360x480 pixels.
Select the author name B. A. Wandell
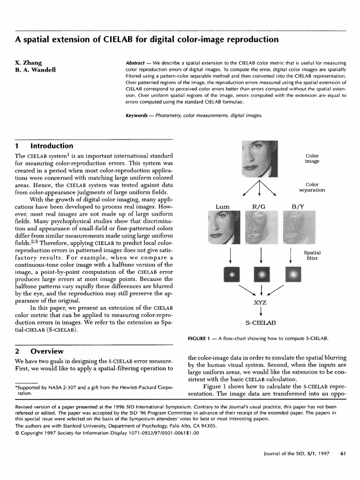point(36,70)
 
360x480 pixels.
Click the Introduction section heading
point(52,146)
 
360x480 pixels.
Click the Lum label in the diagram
point(222,206)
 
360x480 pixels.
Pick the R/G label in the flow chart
point(259,206)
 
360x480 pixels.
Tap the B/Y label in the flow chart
point(298,206)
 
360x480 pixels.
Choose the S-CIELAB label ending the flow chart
point(261,323)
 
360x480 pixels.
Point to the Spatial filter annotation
point(312,255)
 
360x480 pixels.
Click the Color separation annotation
point(312,187)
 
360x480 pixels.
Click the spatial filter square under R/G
point(261,273)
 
